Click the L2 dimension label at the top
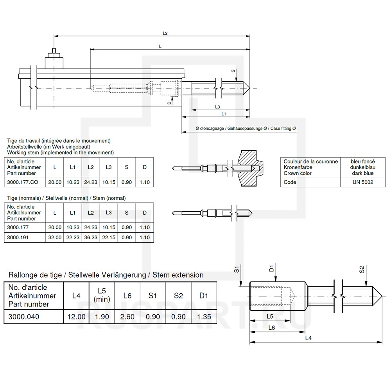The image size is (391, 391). pos(165,33)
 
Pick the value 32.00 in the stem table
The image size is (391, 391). pos(55,237)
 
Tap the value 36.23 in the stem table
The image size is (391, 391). pos(91,237)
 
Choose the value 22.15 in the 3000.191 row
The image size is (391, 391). pos(109,237)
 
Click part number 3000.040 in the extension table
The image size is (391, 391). pos(24,316)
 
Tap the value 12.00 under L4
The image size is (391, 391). pos(77,316)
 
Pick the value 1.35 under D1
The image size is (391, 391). pos(203,316)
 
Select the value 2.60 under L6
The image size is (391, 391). pos(127,316)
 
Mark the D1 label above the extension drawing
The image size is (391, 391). pos(271,268)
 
